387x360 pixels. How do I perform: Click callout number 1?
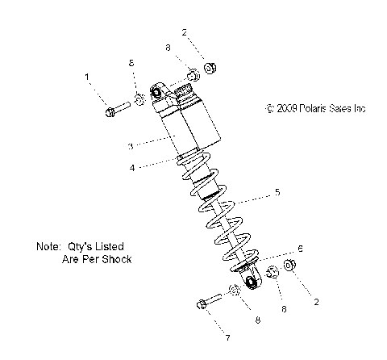click(x=86, y=76)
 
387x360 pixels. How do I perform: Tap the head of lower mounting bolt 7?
click(x=202, y=305)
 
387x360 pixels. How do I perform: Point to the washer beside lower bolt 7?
click(x=234, y=291)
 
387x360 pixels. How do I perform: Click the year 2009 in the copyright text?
click(x=290, y=108)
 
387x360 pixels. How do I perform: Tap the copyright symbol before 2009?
click(x=270, y=108)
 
